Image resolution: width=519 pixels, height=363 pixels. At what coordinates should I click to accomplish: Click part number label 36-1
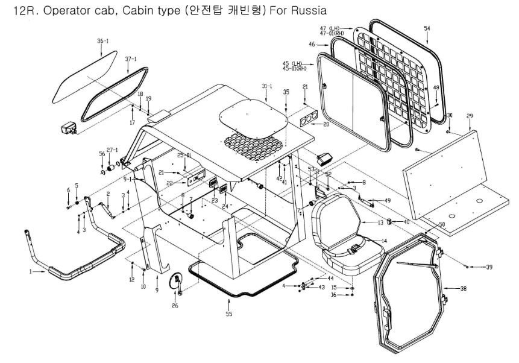[x=103, y=41]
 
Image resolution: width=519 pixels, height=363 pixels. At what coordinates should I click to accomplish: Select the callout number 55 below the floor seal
[x=228, y=314]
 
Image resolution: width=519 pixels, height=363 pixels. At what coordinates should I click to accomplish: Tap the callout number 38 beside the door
[x=463, y=289]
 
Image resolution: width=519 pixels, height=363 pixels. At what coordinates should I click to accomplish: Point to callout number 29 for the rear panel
[x=470, y=115]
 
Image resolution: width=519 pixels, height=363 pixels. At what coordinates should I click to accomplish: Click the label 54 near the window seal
[x=427, y=29]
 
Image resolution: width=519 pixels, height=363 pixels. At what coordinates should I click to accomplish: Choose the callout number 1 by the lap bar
[x=30, y=271]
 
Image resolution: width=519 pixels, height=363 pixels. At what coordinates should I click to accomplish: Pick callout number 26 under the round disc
[x=175, y=306]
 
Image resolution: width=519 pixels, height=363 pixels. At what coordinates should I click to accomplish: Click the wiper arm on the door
[x=416, y=264]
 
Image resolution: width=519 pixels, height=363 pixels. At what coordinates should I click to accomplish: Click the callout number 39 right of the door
[x=489, y=267]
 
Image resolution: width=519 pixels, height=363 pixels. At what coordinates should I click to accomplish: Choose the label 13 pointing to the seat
[x=380, y=223]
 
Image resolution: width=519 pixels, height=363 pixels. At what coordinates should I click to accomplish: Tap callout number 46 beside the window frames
[x=312, y=45]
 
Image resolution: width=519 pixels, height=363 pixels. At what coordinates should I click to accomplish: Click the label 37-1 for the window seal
[x=131, y=59]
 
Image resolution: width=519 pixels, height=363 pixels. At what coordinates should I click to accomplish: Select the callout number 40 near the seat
[x=406, y=222]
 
